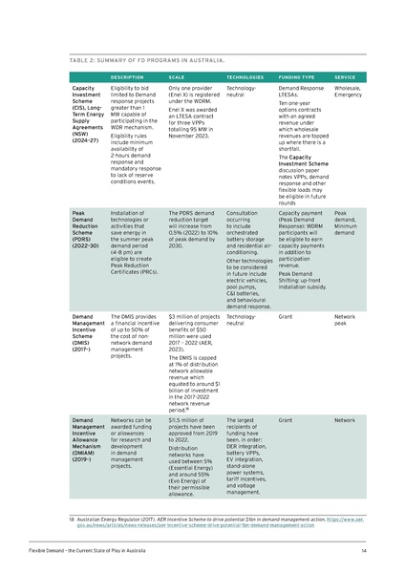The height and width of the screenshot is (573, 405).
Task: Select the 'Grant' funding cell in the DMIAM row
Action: (x=285, y=419)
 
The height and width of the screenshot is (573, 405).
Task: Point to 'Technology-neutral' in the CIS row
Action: (x=247, y=92)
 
